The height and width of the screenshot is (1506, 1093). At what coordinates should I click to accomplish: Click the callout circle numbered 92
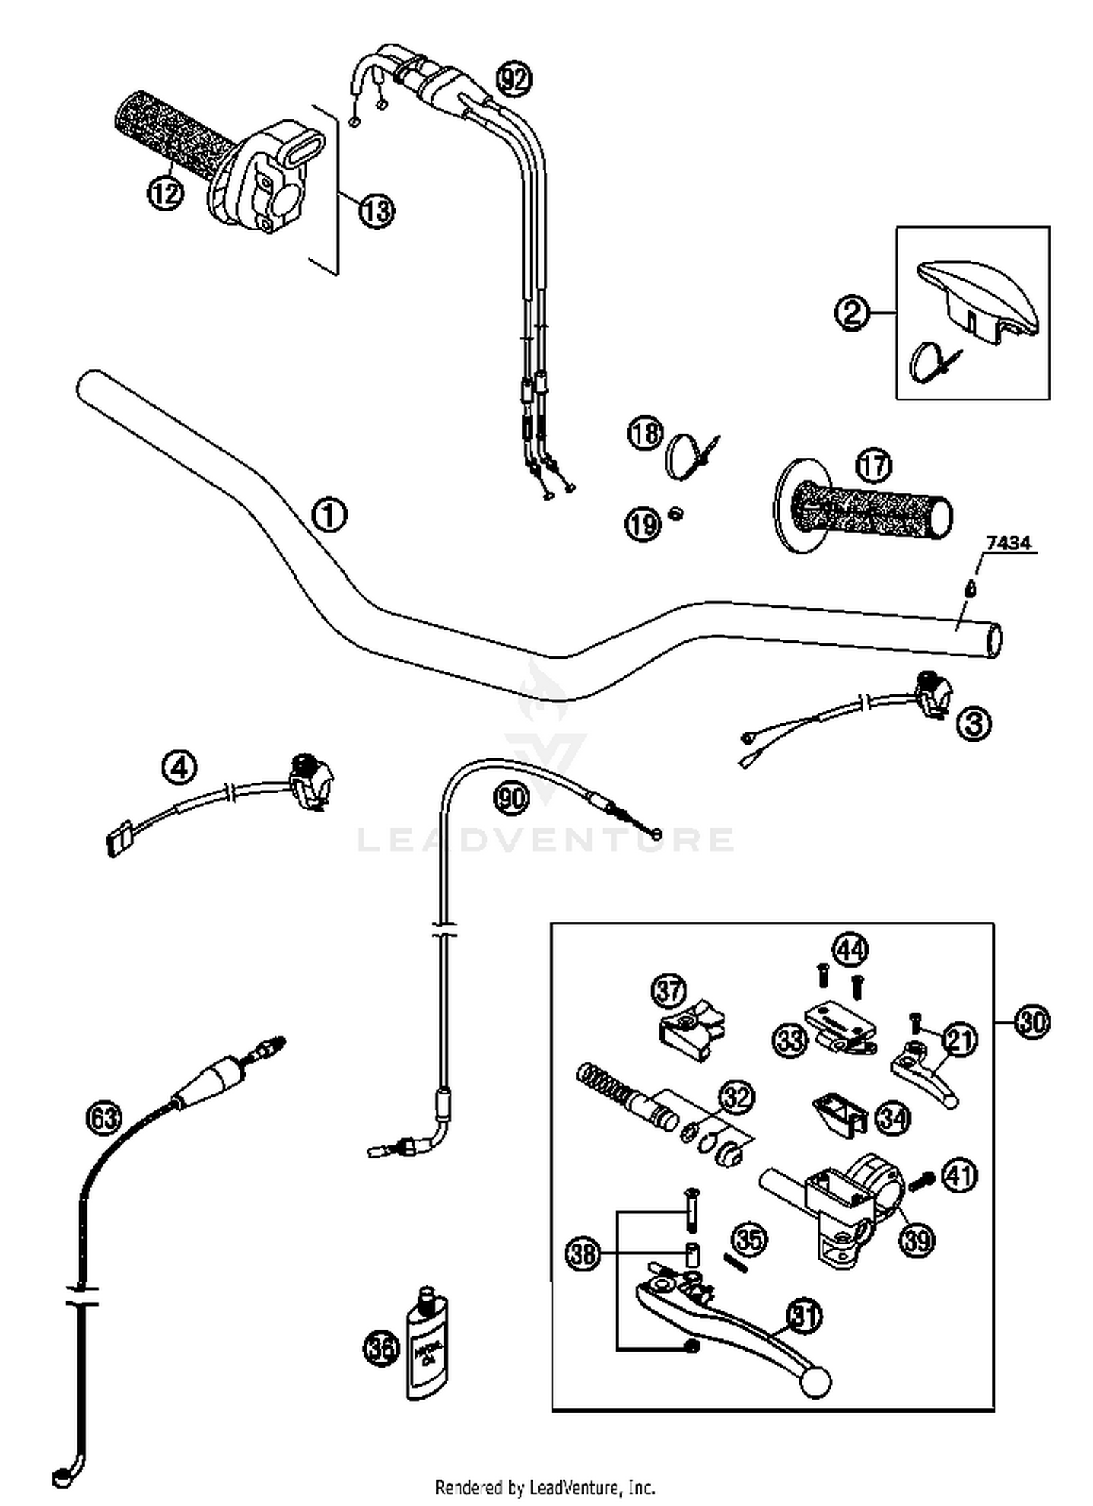[x=514, y=79]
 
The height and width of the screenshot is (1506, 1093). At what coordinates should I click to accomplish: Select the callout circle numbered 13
[x=376, y=211]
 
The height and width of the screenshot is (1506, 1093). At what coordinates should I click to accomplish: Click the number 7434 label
[x=1008, y=543]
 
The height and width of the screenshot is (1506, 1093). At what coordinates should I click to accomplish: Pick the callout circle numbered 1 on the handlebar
[x=329, y=515]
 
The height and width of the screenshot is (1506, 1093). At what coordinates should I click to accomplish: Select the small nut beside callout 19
[x=676, y=515]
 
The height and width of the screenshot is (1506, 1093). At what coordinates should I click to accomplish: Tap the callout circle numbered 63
[x=103, y=1118]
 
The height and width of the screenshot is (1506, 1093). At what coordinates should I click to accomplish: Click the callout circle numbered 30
[x=1032, y=1021]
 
